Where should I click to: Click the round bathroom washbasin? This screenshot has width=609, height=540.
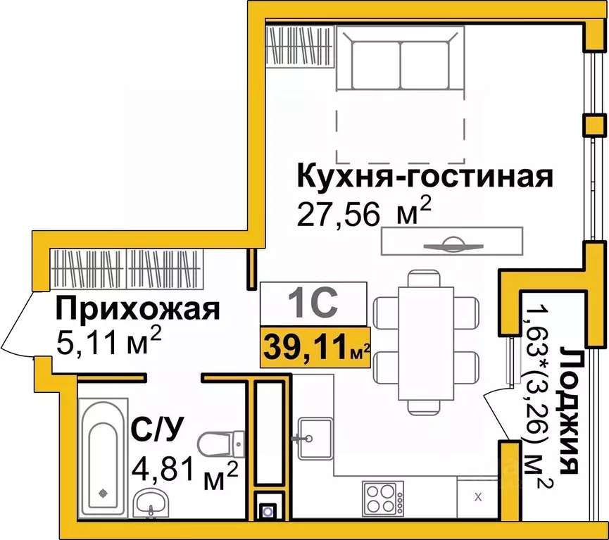pos(151,503)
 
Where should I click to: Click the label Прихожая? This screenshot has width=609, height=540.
pos(138,309)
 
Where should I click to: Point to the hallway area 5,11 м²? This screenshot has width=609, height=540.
pos(108,343)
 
